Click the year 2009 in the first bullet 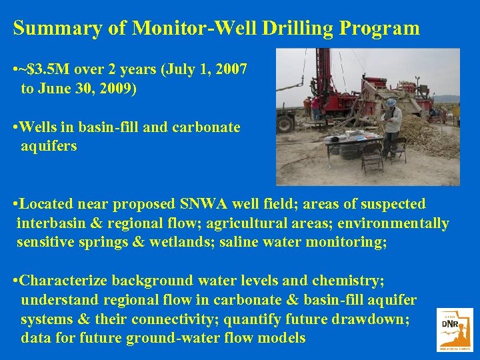(x=116, y=88)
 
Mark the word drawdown (x=369, y=319)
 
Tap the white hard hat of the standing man (x=391, y=102)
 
